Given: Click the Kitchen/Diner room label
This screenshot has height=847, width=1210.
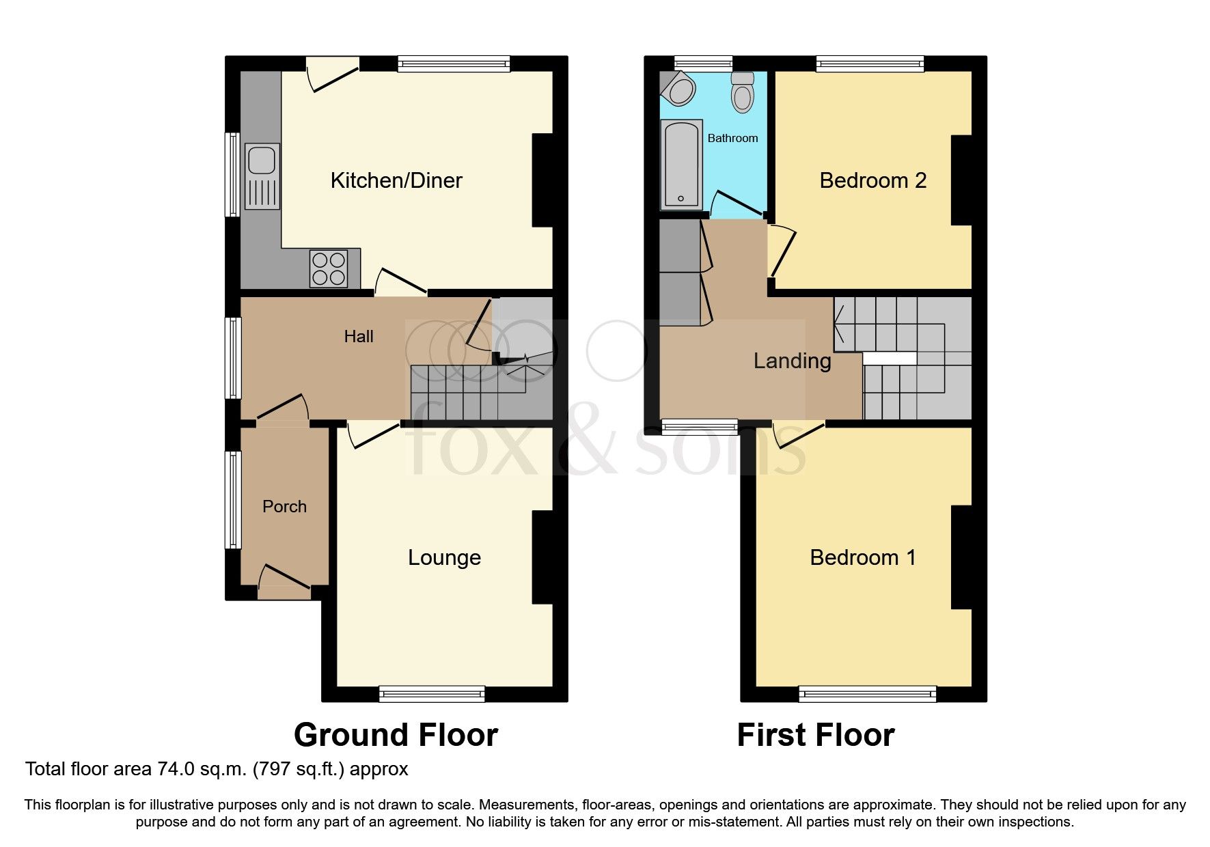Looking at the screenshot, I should click(x=396, y=180).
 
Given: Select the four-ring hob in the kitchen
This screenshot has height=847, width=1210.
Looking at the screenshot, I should click(x=328, y=268).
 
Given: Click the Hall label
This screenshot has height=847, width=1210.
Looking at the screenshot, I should click(x=359, y=336).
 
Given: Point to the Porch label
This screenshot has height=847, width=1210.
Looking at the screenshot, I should click(x=284, y=506).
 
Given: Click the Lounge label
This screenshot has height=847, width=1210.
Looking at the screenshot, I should click(x=444, y=557).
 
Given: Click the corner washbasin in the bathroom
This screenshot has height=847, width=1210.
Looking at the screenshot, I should click(x=678, y=89).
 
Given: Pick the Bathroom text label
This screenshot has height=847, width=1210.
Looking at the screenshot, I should click(x=732, y=138).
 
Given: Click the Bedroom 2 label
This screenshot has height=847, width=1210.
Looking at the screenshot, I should click(x=872, y=180).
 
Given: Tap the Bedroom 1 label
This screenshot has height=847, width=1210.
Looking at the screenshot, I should click(x=862, y=557).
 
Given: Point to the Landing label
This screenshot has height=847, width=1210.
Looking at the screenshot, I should click(x=792, y=361).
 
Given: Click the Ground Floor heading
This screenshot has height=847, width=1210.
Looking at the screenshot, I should click(x=396, y=735).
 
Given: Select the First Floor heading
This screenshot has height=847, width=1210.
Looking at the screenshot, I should click(x=815, y=735).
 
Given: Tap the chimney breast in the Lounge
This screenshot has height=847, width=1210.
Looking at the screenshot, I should click(x=542, y=557).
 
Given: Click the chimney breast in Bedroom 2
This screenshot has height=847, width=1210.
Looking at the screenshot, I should click(x=961, y=180).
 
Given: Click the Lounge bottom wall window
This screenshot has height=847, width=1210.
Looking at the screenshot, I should click(x=432, y=695).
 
